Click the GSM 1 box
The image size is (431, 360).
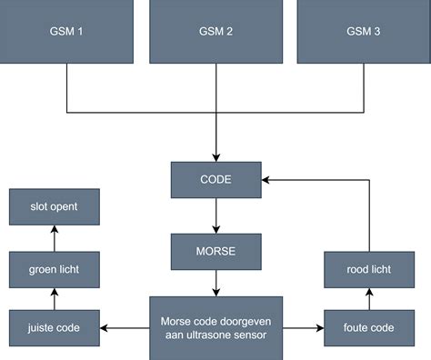point(66,32)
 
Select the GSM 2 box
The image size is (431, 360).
point(215,32)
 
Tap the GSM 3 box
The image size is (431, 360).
point(364,32)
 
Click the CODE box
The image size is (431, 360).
point(215,179)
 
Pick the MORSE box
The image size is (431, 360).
point(215,249)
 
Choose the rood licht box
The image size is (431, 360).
point(369,269)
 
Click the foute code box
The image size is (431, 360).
point(369,327)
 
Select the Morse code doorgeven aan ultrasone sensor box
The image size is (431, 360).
point(215,327)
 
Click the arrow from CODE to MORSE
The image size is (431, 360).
point(215,215)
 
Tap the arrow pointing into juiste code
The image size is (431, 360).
point(122,327)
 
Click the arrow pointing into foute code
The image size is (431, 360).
point(303,327)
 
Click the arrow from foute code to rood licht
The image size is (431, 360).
point(369,298)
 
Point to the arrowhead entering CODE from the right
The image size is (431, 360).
point(267,179)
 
